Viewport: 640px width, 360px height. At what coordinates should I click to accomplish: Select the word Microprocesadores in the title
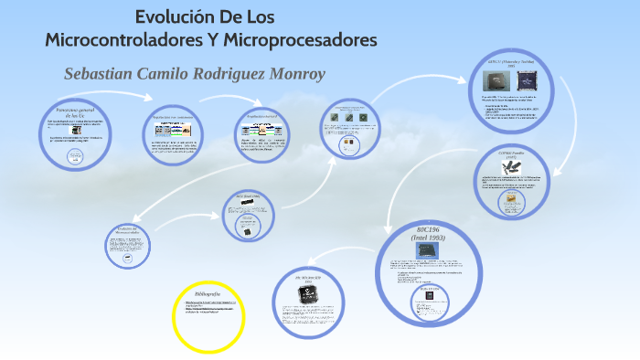(x=303, y=41)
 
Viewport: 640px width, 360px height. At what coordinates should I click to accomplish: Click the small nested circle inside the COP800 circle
(x=511, y=205)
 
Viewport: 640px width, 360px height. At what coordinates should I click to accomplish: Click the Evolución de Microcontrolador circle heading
(x=127, y=230)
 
